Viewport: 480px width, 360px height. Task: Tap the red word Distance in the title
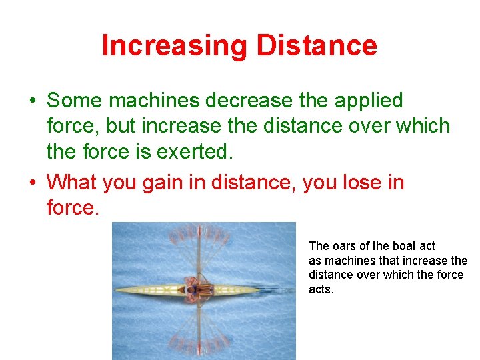317,45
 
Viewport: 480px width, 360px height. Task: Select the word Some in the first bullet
75,101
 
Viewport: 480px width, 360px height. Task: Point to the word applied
369,101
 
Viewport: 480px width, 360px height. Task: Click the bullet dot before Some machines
32,101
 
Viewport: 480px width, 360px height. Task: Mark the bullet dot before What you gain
32,182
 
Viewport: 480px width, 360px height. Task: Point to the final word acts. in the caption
321,290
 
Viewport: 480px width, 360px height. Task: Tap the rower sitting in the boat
197,291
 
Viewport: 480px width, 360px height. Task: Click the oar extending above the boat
198,253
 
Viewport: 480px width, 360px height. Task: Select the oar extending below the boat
198,330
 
